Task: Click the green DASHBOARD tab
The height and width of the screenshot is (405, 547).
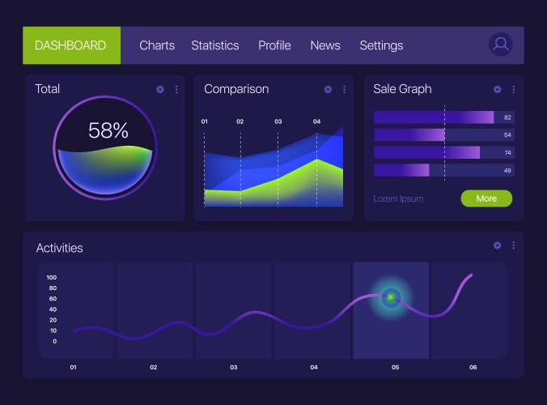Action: [71, 45]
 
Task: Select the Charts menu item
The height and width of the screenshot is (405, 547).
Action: [157, 45]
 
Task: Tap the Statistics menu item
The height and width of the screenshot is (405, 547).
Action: [215, 45]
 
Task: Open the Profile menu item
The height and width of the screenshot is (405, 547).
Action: [274, 45]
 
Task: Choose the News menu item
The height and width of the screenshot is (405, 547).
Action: [325, 45]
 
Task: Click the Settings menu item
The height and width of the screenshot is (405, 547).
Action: [381, 45]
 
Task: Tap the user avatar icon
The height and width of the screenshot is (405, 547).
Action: [501, 45]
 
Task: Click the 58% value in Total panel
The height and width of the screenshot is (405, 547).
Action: [108, 130]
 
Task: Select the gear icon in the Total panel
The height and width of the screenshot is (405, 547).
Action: [160, 89]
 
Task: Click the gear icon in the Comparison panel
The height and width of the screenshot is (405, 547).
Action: [328, 89]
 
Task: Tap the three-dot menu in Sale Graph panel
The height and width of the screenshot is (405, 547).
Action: [513, 89]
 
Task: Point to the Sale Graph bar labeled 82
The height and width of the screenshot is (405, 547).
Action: [434, 117]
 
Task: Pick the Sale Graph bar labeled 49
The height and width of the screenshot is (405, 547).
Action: [401, 170]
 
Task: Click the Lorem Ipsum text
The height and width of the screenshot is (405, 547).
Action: [398, 198]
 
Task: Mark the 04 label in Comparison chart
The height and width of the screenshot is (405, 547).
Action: [316, 122]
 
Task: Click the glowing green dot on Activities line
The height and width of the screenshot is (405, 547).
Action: [392, 298]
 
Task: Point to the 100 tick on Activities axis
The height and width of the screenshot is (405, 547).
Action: [52, 277]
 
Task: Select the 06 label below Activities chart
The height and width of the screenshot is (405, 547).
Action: [473, 368]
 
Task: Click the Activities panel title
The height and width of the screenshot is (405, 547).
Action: [59, 248]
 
